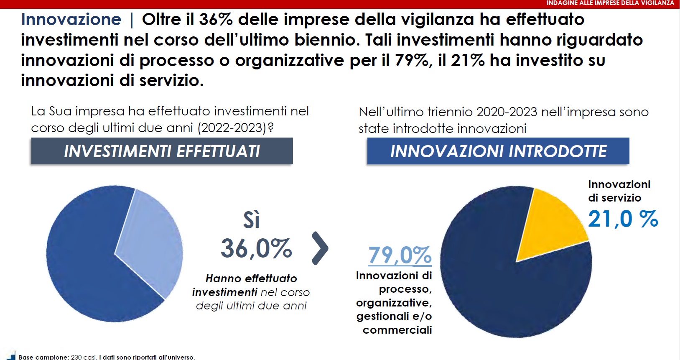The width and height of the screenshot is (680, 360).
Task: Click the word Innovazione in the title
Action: click(x=71, y=20)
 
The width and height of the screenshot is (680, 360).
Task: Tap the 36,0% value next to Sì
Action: click(x=256, y=248)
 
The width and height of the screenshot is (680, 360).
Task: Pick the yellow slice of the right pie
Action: click(x=552, y=222)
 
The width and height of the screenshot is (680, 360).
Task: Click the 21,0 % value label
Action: click(x=623, y=219)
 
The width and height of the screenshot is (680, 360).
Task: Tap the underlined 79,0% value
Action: click(x=400, y=255)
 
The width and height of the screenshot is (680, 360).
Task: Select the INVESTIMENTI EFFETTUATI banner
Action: click(x=162, y=151)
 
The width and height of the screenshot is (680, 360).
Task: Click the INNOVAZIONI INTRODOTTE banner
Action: click(x=498, y=151)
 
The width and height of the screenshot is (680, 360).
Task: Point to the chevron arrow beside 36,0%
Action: click(x=320, y=248)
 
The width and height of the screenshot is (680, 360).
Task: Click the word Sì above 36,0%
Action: click(x=252, y=220)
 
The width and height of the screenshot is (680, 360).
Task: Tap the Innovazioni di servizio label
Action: click(x=619, y=191)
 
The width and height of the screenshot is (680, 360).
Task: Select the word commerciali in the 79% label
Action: click(x=397, y=330)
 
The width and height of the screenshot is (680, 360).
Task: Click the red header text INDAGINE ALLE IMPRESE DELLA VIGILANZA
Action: click(x=610, y=3)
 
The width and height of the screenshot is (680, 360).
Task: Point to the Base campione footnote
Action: click(x=107, y=357)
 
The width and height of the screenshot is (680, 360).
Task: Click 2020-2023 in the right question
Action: click(x=507, y=112)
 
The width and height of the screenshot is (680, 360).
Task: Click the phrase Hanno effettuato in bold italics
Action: click(x=251, y=278)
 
